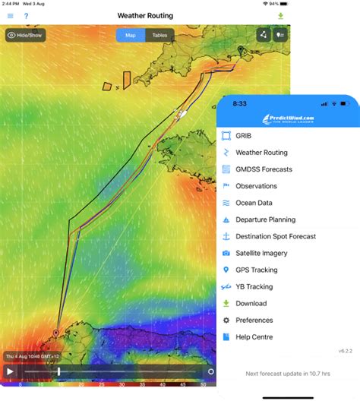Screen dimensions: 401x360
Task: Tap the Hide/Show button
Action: [25, 35]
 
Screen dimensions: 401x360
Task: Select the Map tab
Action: [131, 35]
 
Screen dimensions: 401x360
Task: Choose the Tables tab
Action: [159, 35]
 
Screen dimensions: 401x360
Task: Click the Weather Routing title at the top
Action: [145, 16]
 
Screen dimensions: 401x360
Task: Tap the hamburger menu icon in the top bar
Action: [10, 16]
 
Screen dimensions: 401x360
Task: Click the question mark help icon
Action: [27, 16]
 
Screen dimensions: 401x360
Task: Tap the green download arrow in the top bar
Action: [280, 16]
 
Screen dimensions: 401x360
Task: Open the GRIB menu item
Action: [243, 136]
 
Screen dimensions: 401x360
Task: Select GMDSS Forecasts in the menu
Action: [264, 169]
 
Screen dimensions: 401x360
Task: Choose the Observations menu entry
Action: [256, 186]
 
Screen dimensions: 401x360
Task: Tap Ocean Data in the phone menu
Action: [254, 203]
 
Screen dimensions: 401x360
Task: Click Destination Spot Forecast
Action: [275, 236]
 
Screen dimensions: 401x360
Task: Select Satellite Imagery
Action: [262, 253]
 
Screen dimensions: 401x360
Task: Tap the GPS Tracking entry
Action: [256, 270]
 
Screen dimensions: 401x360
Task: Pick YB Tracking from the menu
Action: [254, 286]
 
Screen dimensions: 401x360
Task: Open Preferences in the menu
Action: [254, 320]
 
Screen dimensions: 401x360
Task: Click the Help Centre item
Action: [254, 336]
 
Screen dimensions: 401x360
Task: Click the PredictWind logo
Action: [289, 119]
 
